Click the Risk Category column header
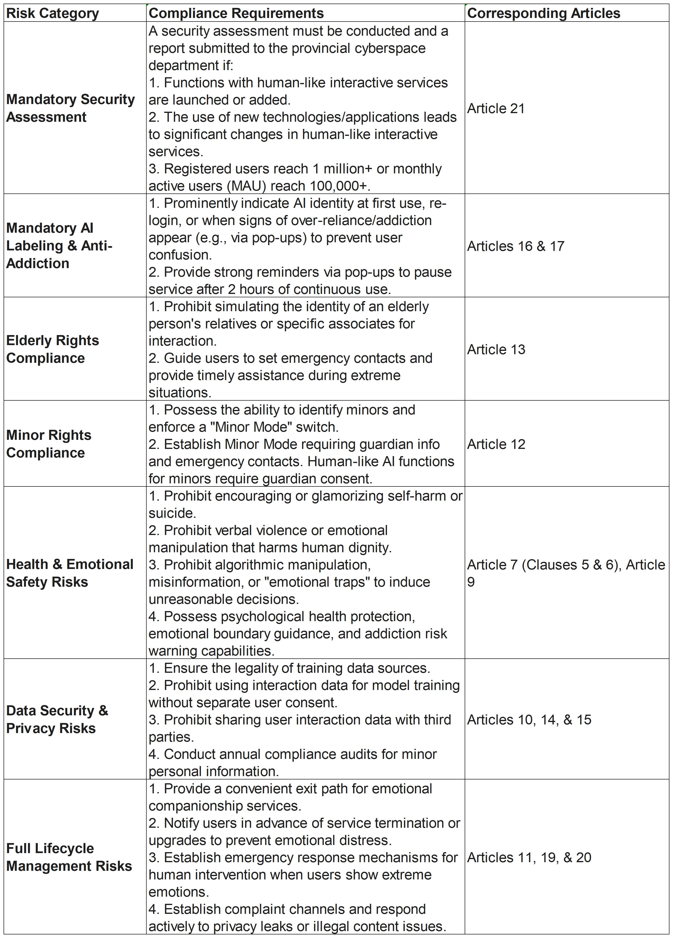coord(53,13)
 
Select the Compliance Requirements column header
coord(236,13)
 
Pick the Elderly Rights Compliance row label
coord(53,349)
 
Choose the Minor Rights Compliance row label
coord(49,444)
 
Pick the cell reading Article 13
coord(496,349)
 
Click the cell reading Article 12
coord(496,444)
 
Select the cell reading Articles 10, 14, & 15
coord(529,720)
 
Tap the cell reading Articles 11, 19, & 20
coord(529,857)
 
